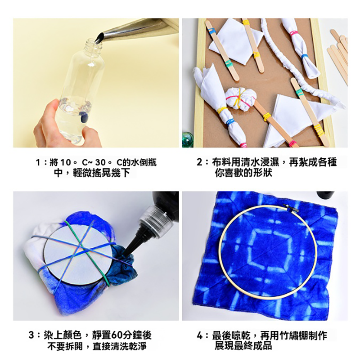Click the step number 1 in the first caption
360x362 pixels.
click(x=39, y=162)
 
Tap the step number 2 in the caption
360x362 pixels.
click(x=199, y=162)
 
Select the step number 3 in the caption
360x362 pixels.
click(x=31, y=335)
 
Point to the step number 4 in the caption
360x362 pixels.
click(x=200, y=335)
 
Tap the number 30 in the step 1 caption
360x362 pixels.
click(x=100, y=162)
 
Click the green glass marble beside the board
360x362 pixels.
click(x=188, y=139)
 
